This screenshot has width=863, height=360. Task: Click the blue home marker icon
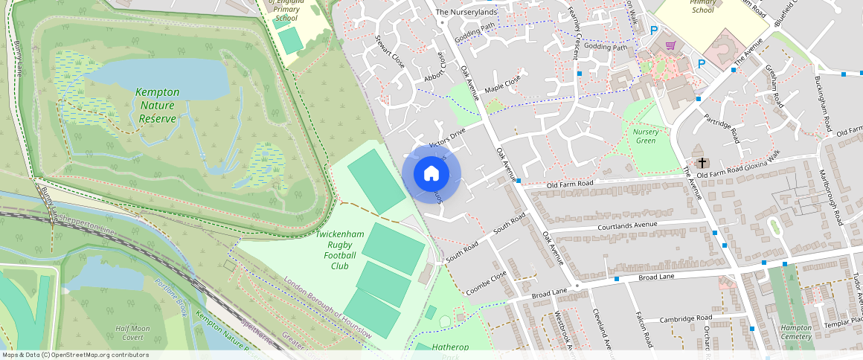(431, 174)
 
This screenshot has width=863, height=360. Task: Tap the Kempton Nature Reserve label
(157, 106)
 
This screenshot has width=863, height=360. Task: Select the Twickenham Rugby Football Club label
(340, 250)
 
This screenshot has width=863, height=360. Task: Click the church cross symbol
(701, 162)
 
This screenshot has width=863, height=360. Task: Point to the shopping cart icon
(671, 46)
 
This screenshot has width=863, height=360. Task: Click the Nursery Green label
(646, 136)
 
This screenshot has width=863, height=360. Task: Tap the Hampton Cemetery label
(796, 332)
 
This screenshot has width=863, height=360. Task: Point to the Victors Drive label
(446, 138)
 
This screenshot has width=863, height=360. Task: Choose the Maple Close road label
(502, 85)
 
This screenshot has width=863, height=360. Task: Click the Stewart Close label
(390, 52)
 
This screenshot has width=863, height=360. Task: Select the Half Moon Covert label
(132, 332)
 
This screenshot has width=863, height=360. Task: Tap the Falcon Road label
(644, 330)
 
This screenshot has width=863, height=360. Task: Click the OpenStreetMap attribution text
(74, 355)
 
